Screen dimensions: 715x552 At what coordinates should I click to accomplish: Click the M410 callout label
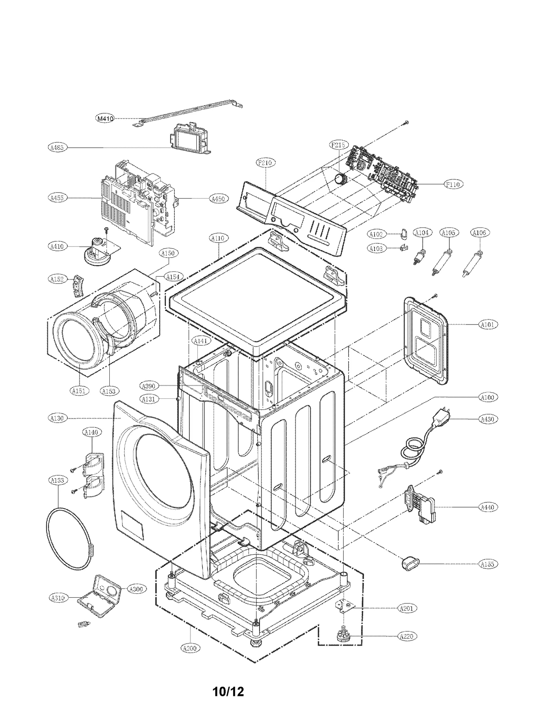pyautogui.click(x=105, y=119)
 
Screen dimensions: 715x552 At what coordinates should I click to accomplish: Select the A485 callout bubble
pyautogui.click(x=57, y=148)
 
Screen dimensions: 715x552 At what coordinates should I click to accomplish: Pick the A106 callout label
pyautogui.click(x=479, y=233)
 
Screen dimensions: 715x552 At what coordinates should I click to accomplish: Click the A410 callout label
pyautogui.click(x=57, y=246)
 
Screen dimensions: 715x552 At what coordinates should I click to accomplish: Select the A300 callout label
pyautogui.click(x=137, y=589)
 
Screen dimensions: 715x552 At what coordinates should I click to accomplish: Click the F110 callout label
pyautogui.click(x=453, y=184)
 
